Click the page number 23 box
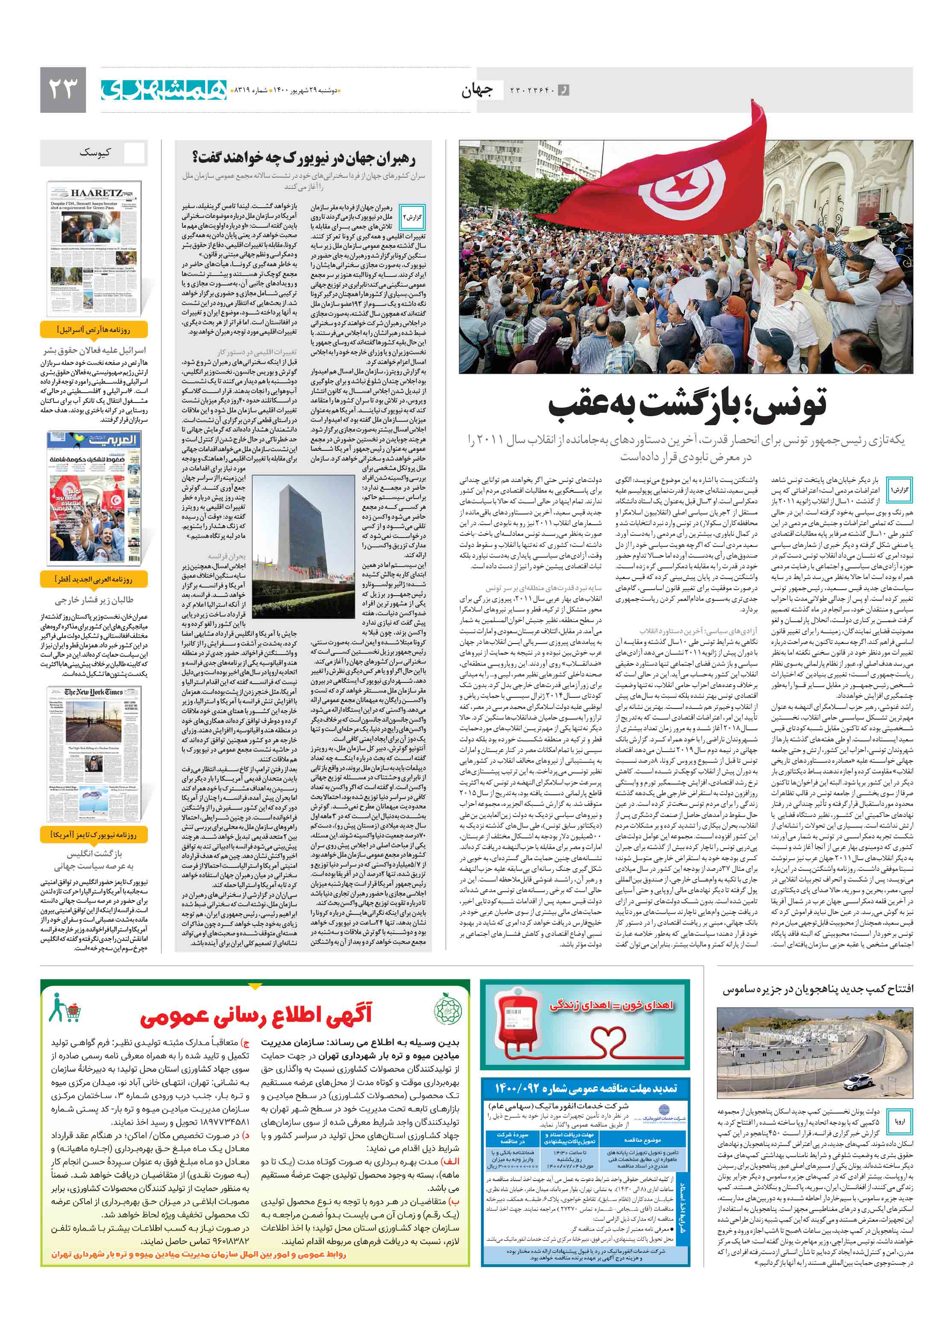pyautogui.click(x=63, y=89)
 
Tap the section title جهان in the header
pyautogui.click(x=477, y=91)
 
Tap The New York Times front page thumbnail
pyautogui.click(x=94, y=755)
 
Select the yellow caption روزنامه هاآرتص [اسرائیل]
pyautogui.click(x=94, y=330)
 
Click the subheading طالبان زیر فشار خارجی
pyautogui.click(x=94, y=600)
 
